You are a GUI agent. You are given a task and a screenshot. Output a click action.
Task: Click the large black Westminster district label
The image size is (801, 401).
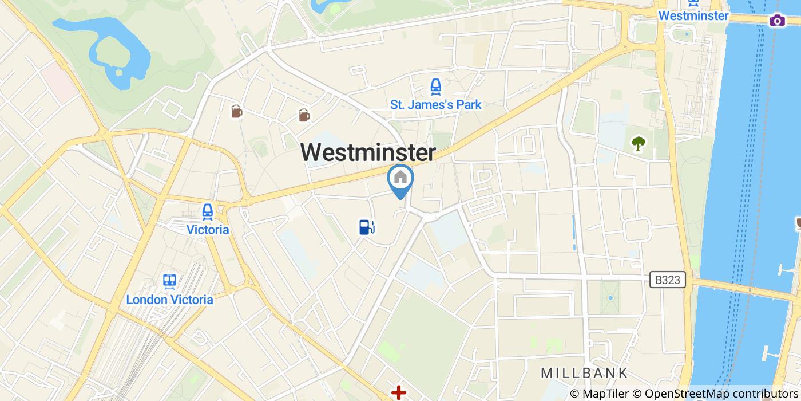[x=368, y=152]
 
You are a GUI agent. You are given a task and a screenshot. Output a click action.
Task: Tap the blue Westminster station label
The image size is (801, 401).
[x=693, y=15]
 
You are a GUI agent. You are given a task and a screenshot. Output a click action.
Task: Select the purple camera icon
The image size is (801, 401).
[x=777, y=21]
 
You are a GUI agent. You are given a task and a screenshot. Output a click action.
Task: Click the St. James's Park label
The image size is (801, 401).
[x=436, y=105]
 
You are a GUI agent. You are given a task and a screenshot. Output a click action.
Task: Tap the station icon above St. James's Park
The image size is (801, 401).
[x=436, y=87]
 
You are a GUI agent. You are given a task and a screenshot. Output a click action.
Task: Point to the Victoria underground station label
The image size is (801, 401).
[x=208, y=230]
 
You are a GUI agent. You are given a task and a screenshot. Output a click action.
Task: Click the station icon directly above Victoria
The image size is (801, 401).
[x=208, y=212]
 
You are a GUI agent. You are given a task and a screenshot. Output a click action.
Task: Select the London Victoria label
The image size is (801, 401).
[x=169, y=300]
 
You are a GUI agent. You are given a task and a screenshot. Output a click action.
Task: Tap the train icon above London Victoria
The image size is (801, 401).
[x=169, y=281]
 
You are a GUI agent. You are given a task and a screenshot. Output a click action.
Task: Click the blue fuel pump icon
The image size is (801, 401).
[x=366, y=227]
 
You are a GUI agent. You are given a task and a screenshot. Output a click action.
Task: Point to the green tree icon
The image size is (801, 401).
[x=638, y=143]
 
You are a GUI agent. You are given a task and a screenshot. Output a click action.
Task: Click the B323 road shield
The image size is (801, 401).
[x=668, y=280]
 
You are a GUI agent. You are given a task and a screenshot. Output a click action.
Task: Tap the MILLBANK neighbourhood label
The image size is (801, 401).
[x=584, y=373]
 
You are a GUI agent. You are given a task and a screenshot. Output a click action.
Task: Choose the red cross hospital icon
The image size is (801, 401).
[x=398, y=393]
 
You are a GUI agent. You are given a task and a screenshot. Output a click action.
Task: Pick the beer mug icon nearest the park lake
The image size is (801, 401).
[x=236, y=111]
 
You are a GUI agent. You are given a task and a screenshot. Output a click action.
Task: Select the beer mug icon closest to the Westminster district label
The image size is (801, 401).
[x=304, y=115]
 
